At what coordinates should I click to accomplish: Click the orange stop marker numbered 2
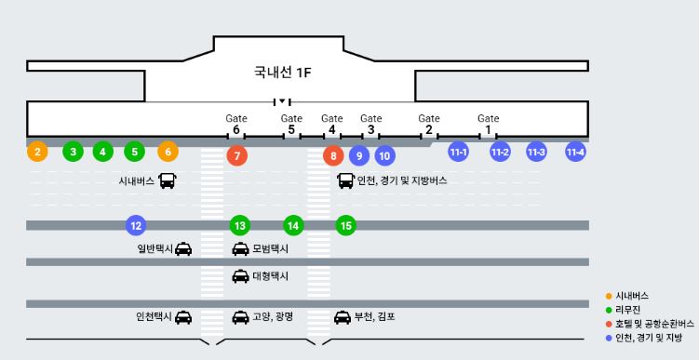tap(37, 152)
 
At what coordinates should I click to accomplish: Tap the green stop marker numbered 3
tap(73, 152)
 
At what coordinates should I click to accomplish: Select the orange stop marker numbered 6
tap(168, 152)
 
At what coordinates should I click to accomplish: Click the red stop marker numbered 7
tap(237, 155)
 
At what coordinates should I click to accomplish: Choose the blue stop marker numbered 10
tap(384, 155)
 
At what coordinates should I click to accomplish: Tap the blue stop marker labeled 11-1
tap(458, 152)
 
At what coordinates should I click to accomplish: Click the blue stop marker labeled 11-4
tap(575, 152)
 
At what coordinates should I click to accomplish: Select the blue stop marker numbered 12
tap(136, 225)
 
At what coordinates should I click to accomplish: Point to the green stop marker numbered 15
tap(346, 225)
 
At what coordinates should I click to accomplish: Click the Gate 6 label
tap(236, 124)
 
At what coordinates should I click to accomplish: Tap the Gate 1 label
tap(489, 124)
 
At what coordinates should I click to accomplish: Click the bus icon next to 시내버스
tap(168, 180)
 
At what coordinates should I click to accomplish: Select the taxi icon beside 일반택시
tap(184, 248)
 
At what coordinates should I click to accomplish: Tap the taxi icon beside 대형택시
tap(240, 276)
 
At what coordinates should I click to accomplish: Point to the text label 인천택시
tap(152, 316)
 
